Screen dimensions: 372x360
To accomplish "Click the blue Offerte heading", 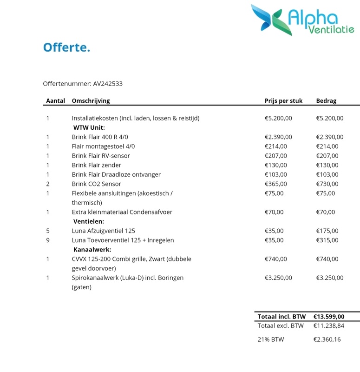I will coord(66,47).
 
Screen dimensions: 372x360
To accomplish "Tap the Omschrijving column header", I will coord(91,100).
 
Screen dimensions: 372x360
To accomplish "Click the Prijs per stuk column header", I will coord(283,100).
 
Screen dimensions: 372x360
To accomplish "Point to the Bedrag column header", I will coord(326,100).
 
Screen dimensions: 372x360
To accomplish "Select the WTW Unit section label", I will coord(89,127).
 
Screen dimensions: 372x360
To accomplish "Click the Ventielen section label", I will coord(89,221).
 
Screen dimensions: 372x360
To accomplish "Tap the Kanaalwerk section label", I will coord(92,250).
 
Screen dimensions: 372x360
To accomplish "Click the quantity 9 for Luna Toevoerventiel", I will coord(48,240).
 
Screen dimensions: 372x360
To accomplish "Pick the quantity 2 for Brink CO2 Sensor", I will coord(48,184).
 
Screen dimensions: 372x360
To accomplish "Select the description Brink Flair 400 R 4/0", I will coord(98,137).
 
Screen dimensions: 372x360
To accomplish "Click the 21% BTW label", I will coord(270,339).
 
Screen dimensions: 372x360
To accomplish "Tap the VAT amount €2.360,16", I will coord(327,339).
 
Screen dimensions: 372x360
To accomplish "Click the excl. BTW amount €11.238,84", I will coord(329,325).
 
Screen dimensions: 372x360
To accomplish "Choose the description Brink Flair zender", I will coord(96,165).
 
